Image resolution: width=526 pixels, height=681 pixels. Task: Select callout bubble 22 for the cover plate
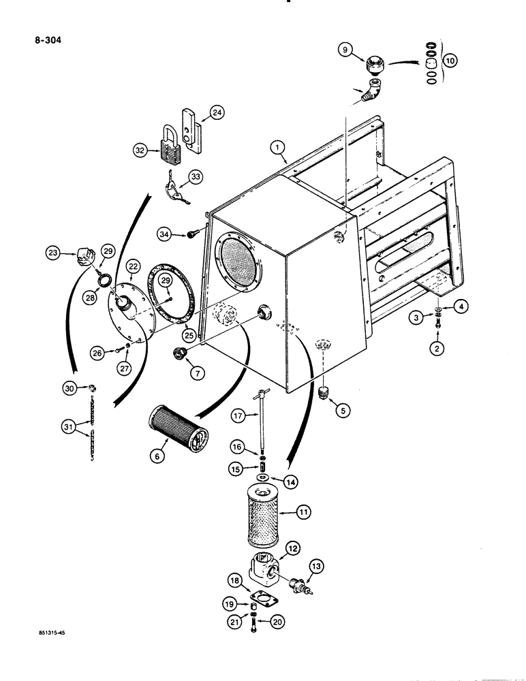[133, 267]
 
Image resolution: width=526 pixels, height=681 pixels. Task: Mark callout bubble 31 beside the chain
[67, 427]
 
